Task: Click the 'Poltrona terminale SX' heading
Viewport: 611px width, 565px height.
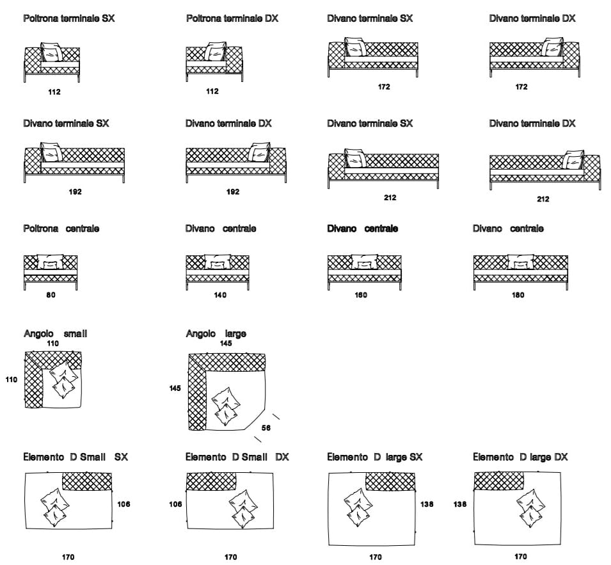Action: [x=69, y=19]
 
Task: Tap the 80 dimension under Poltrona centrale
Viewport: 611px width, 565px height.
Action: [x=51, y=295]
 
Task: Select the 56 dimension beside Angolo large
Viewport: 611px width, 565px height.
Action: [x=266, y=428]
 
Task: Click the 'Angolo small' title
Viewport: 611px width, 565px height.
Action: [x=56, y=333]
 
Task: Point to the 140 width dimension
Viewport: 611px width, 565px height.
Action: [x=220, y=295]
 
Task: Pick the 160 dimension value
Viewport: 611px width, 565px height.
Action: [x=361, y=295]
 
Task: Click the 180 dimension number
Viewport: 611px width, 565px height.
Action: [x=518, y=295]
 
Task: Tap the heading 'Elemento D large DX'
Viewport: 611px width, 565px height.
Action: [x=520, y=457]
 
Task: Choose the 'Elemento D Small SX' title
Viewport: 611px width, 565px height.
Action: [x=75, y=457]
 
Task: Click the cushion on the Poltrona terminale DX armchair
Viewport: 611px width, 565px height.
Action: [x=217, y=51]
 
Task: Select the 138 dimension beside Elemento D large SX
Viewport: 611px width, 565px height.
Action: [x=427, y=504]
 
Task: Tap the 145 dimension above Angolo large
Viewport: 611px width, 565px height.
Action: [x=226, y=344]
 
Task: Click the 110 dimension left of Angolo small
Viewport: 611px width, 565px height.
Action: [x=12, y=379]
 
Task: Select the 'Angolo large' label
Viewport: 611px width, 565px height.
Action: [x=216, y=333]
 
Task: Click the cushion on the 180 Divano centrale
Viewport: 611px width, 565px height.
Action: [x=520, y=261]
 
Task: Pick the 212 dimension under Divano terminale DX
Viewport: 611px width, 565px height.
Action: [x=543, y=199]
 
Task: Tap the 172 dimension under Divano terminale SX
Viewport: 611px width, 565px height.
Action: [x=384, y=87]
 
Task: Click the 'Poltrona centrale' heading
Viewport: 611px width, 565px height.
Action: [x=61, y=228]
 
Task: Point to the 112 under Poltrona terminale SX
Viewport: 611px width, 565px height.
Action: [x=54, y=92]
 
